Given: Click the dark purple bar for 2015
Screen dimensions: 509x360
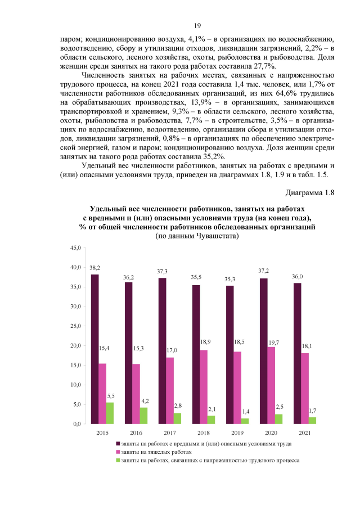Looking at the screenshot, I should point(94,349).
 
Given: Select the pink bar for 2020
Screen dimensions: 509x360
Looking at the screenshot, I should point(271,385).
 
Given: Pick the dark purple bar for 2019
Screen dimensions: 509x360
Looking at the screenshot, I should point(229,354).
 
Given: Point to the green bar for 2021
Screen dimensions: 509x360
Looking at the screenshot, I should point(312,420).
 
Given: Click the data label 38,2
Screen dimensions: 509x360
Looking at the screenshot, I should point(94,268).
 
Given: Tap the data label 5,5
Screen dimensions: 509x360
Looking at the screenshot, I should point(110,396).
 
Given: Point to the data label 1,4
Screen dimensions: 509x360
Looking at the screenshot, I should point(246,412).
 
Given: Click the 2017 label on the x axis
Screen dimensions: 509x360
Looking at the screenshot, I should point(170,433).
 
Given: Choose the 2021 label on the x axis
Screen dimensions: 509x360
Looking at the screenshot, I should point(305,433).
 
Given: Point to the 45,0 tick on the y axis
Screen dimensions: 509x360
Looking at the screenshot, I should point(75,247).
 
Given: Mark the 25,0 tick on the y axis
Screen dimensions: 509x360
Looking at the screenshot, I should point(75,326).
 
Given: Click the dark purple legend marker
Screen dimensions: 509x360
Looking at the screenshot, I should point(118,444).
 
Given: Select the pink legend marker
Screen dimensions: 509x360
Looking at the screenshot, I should point(118,452).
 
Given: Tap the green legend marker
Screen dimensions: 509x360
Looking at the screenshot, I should point(118,460).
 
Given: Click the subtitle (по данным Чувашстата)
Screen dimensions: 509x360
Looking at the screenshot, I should point(197,237).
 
